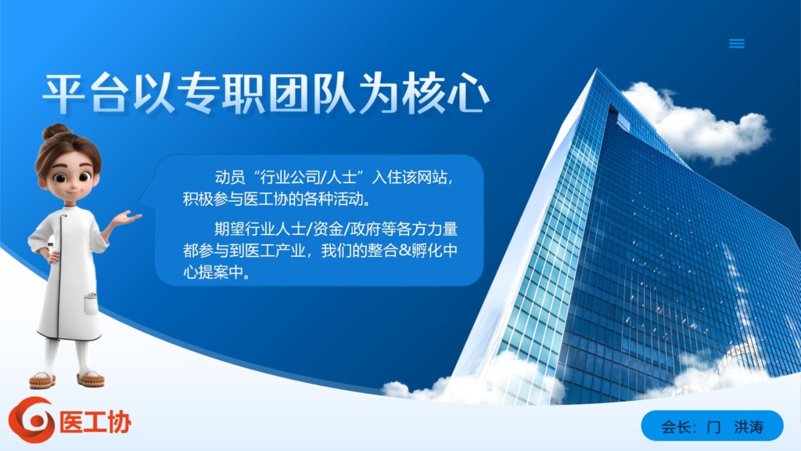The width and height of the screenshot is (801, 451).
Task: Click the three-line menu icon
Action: pyautogui.click(x=736, y=44)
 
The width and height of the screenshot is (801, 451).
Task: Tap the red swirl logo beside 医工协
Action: pyautogui.click(x=31, y=420)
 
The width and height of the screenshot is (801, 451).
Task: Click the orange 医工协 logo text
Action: pyautogui.click(x=95, y=422)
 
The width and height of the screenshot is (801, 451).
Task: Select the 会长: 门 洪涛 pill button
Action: pyautogui.click(x=712, y=425)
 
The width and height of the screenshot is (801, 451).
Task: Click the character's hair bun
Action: pyautogui.click(x=56, y=131)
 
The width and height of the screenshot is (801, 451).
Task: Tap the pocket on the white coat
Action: pyautogui.click(x=91, y=304)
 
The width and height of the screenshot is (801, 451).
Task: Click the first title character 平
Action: pyautogui.click(x=64, y=94)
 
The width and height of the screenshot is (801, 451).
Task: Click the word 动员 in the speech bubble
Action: pyautogui.click(x=230, y=178)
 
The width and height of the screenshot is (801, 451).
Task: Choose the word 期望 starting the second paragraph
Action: pyautogui.click(x=229, y=229)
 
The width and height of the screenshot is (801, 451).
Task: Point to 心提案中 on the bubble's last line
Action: pyautogui.click(x=214, y=272)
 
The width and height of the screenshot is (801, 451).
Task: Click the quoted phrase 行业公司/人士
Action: pyautogui.click(x=308, y=178)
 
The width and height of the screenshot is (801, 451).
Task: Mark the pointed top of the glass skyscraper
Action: pyautogui.click(x=595, y=70)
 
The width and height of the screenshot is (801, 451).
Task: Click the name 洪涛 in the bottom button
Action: pyautogui.click(x=749, y=427)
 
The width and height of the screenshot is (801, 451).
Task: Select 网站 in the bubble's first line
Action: pyautogui.click(x=432, y=178)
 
